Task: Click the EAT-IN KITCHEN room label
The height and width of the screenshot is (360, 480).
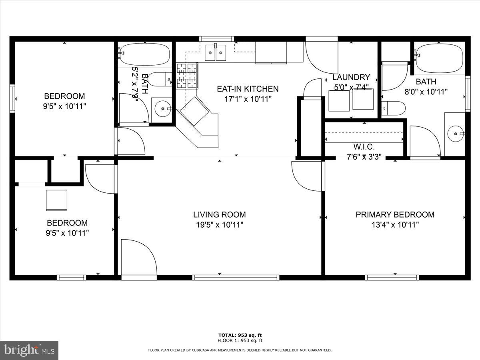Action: tap(248, 89)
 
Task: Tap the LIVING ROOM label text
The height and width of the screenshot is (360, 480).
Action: tap(219, 215)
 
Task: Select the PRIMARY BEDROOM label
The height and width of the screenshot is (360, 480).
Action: tap(395, 215)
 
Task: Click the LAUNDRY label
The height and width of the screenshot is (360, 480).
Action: tap(351, 77)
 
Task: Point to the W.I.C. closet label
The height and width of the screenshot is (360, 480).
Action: tap(363, 147)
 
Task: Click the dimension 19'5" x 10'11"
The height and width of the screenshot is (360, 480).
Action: tap(219, 225)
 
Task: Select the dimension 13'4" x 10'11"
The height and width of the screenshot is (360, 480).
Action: tap(395, 225)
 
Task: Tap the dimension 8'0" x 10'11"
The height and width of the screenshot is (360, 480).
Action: tap(426, 92)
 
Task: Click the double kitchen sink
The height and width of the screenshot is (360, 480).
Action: tap(215, 52)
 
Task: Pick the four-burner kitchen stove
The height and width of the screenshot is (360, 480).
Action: tap(187, 75)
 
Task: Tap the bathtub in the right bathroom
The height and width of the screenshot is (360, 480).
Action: tap(439, 59)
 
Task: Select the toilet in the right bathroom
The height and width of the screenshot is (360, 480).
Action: tap(394, 108)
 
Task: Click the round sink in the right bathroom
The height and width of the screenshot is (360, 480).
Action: tap(455, 133)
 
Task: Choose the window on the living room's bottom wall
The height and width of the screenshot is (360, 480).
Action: tap(236, 277)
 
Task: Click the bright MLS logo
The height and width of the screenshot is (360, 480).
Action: tap(29, 350)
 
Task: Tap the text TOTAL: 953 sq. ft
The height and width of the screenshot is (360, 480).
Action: tap(240, 335)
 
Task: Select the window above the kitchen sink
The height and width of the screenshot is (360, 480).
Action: tap(217, 39)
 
